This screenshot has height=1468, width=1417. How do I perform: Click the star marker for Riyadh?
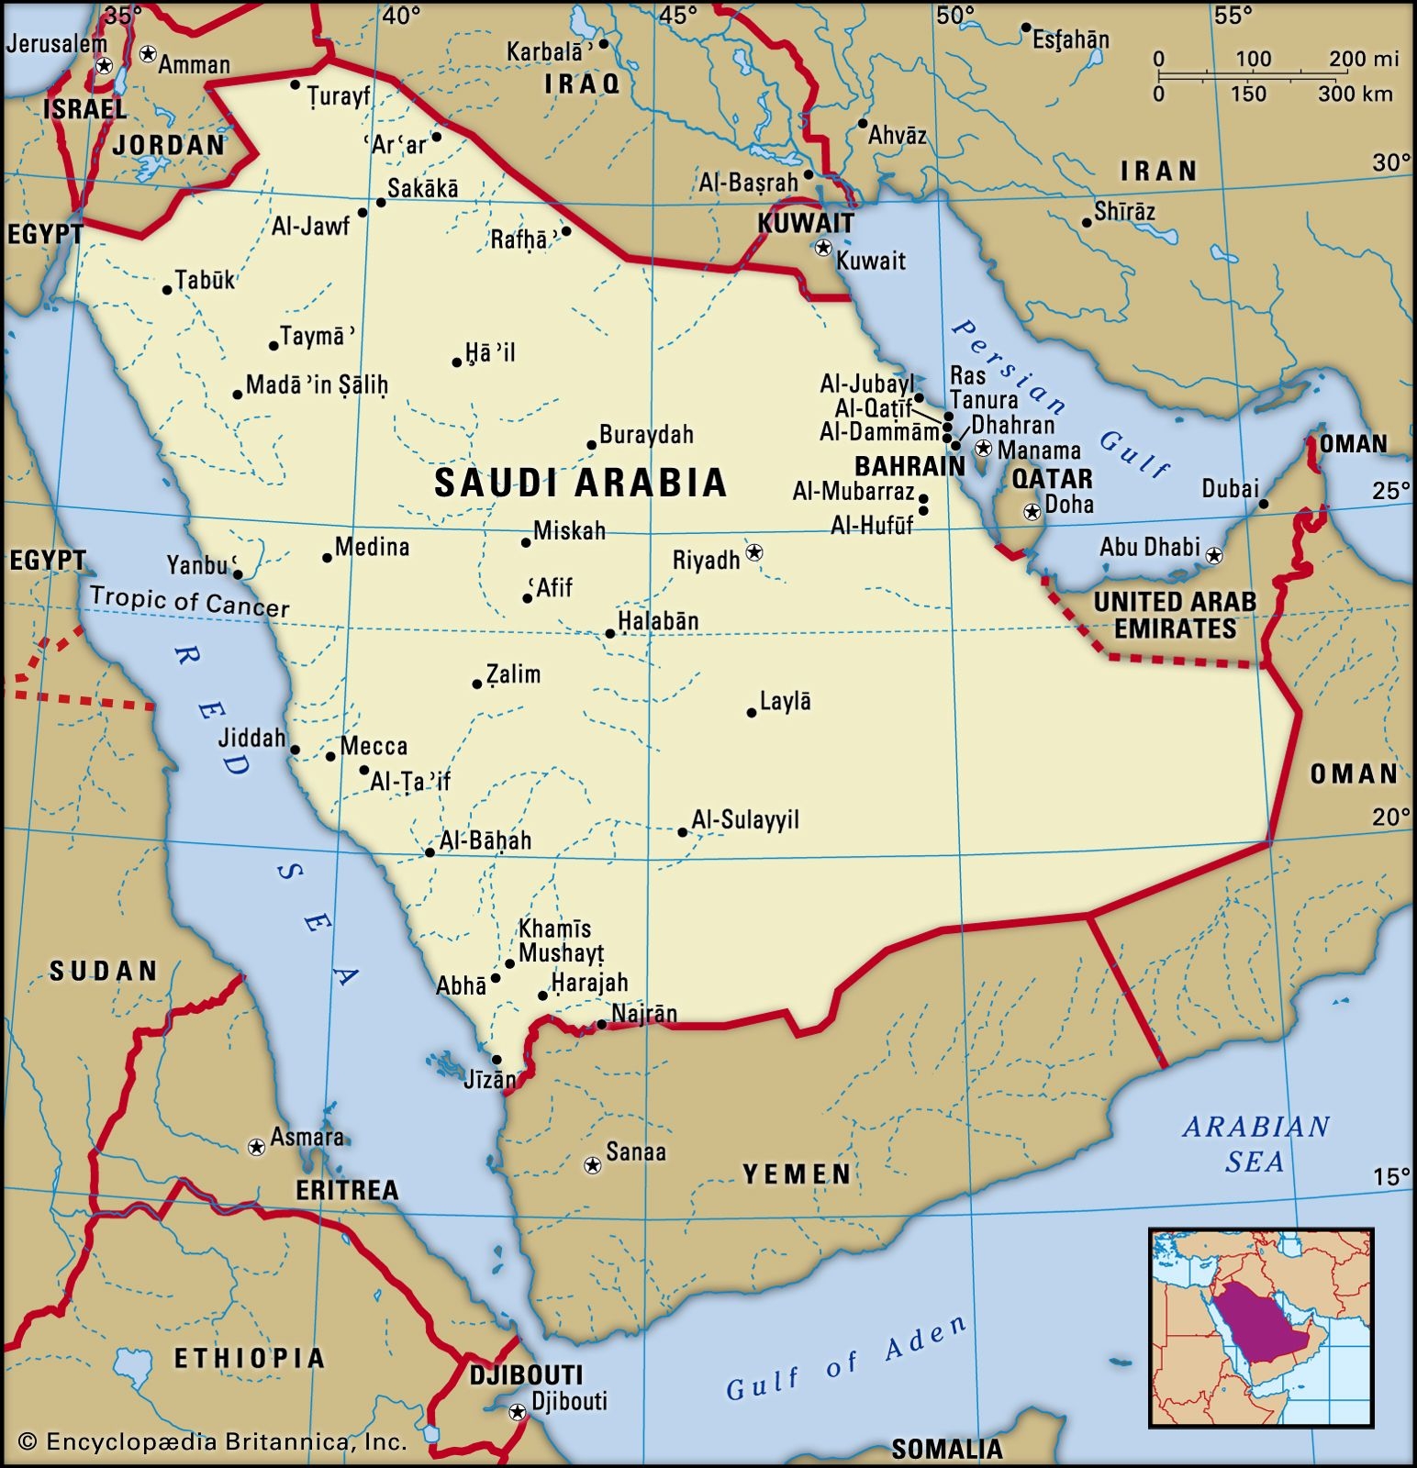[x=754, y=552]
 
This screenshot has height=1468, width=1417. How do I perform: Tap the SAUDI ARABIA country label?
[x=580, y=483]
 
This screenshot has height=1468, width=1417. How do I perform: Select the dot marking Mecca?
[x=330, y=756]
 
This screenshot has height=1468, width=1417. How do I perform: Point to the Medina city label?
[x=372, y=548]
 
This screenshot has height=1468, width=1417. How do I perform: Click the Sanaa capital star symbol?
[x=593, y=1165]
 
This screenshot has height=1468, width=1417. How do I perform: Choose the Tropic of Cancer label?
[x=190, y=601]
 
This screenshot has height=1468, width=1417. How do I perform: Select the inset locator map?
[x=1261, y=1328]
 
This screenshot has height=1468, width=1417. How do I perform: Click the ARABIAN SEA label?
[x=1255, y=1143]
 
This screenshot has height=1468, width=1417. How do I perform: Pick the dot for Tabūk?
[x=167, y=290]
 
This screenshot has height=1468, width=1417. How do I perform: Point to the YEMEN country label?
[x=797, y=1174]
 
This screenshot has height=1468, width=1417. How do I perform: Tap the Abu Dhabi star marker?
[x=1214, y=555]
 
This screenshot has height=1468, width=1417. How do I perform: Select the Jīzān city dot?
[x=497, y=1059]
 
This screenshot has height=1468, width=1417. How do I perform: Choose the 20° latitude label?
[x=1390, y=817]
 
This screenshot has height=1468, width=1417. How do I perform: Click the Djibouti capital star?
[x=518, y=1412]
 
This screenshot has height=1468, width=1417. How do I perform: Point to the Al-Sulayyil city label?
[x=745, y=819]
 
